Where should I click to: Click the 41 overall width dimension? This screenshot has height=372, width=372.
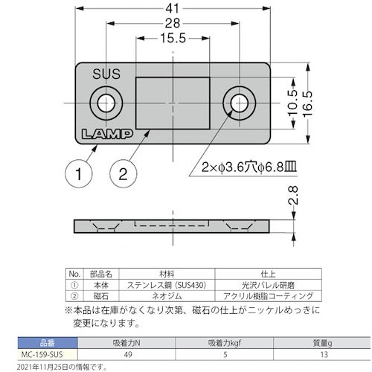click(x=173, y=9)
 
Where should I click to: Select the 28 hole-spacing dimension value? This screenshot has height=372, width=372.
click(x=173, y=23)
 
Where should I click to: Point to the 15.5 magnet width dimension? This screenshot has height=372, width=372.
click(x=173, y=38)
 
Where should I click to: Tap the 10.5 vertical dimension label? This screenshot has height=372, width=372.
click(x=293, y=103)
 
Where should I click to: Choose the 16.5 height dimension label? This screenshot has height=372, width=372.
click(x=307, y=103)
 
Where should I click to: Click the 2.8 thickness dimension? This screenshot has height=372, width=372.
click(x=293, y=195)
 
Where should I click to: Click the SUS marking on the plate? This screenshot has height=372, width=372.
click(x=106, y=74)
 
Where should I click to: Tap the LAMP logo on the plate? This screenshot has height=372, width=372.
click(x=107, y=134)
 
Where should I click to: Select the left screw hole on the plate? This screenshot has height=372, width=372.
click(x=106, y=103)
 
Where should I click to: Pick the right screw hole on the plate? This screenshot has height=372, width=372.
click(x=240, y=103)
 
